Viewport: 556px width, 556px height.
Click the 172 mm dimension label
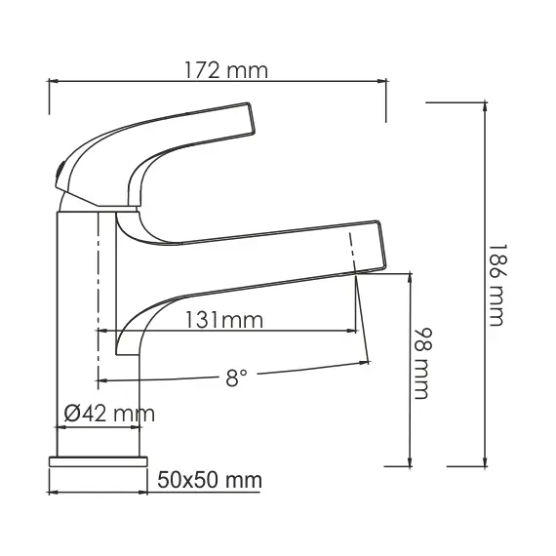(225, 70)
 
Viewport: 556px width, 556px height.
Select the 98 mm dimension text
(422, 363)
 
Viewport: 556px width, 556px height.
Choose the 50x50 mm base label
(210, 480)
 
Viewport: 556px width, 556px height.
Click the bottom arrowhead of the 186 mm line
(486, 462)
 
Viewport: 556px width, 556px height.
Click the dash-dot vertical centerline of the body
(98, 293)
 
